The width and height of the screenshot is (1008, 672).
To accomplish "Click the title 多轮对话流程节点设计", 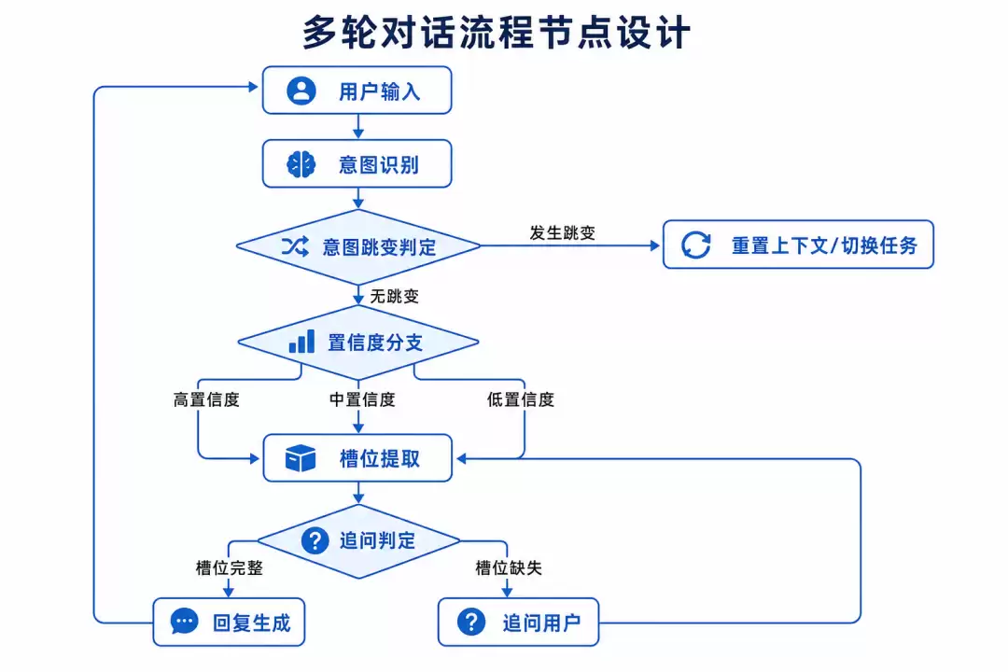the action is [x=497, y=32].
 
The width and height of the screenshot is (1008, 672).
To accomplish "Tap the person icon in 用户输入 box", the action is [x=301, y=91].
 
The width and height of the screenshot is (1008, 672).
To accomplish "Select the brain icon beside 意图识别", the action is [x=301, y=164].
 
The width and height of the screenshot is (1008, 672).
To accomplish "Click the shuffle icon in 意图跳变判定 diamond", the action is [x=295, y=246].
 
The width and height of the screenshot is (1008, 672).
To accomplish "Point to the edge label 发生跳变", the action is [x=563, y=232].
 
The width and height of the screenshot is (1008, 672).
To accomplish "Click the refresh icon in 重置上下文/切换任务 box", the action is [x=696, y=245].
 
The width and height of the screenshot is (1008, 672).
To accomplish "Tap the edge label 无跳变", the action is [x=394, y=297].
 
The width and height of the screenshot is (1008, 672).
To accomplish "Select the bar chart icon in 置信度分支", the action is [x=301, y=342].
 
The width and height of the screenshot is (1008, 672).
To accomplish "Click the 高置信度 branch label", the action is [x=206, y=400].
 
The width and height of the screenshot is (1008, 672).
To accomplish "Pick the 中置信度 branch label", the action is [x=362, y=400].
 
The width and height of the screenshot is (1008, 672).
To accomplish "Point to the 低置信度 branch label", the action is [x=521, y=400].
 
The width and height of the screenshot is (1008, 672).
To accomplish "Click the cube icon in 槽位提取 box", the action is [x=301, y=458].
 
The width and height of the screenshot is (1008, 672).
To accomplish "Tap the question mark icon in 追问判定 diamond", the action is [x=315, y=540].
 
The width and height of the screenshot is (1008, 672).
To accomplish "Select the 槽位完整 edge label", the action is [x=230, y=567].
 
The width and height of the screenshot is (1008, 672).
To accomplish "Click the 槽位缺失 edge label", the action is [x=509, y=567].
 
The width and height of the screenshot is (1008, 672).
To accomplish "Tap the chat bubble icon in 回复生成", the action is [x=185, y=622].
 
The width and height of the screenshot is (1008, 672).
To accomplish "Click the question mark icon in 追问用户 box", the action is [x=471, y=622].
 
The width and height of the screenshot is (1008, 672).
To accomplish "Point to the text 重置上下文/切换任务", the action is [x=824, y=245].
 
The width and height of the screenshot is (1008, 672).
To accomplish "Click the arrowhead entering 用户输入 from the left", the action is [x=253, y=86].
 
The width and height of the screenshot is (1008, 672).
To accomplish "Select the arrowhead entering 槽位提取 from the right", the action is [x=461, y=458].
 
